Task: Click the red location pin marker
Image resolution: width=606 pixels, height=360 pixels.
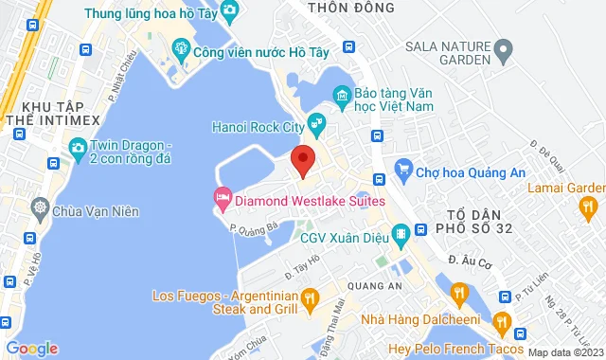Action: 302,160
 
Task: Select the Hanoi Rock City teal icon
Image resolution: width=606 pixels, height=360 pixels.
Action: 317,122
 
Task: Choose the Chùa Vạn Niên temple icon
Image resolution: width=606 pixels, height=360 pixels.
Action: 40,207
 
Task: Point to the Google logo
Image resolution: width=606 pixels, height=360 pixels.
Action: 31,348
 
